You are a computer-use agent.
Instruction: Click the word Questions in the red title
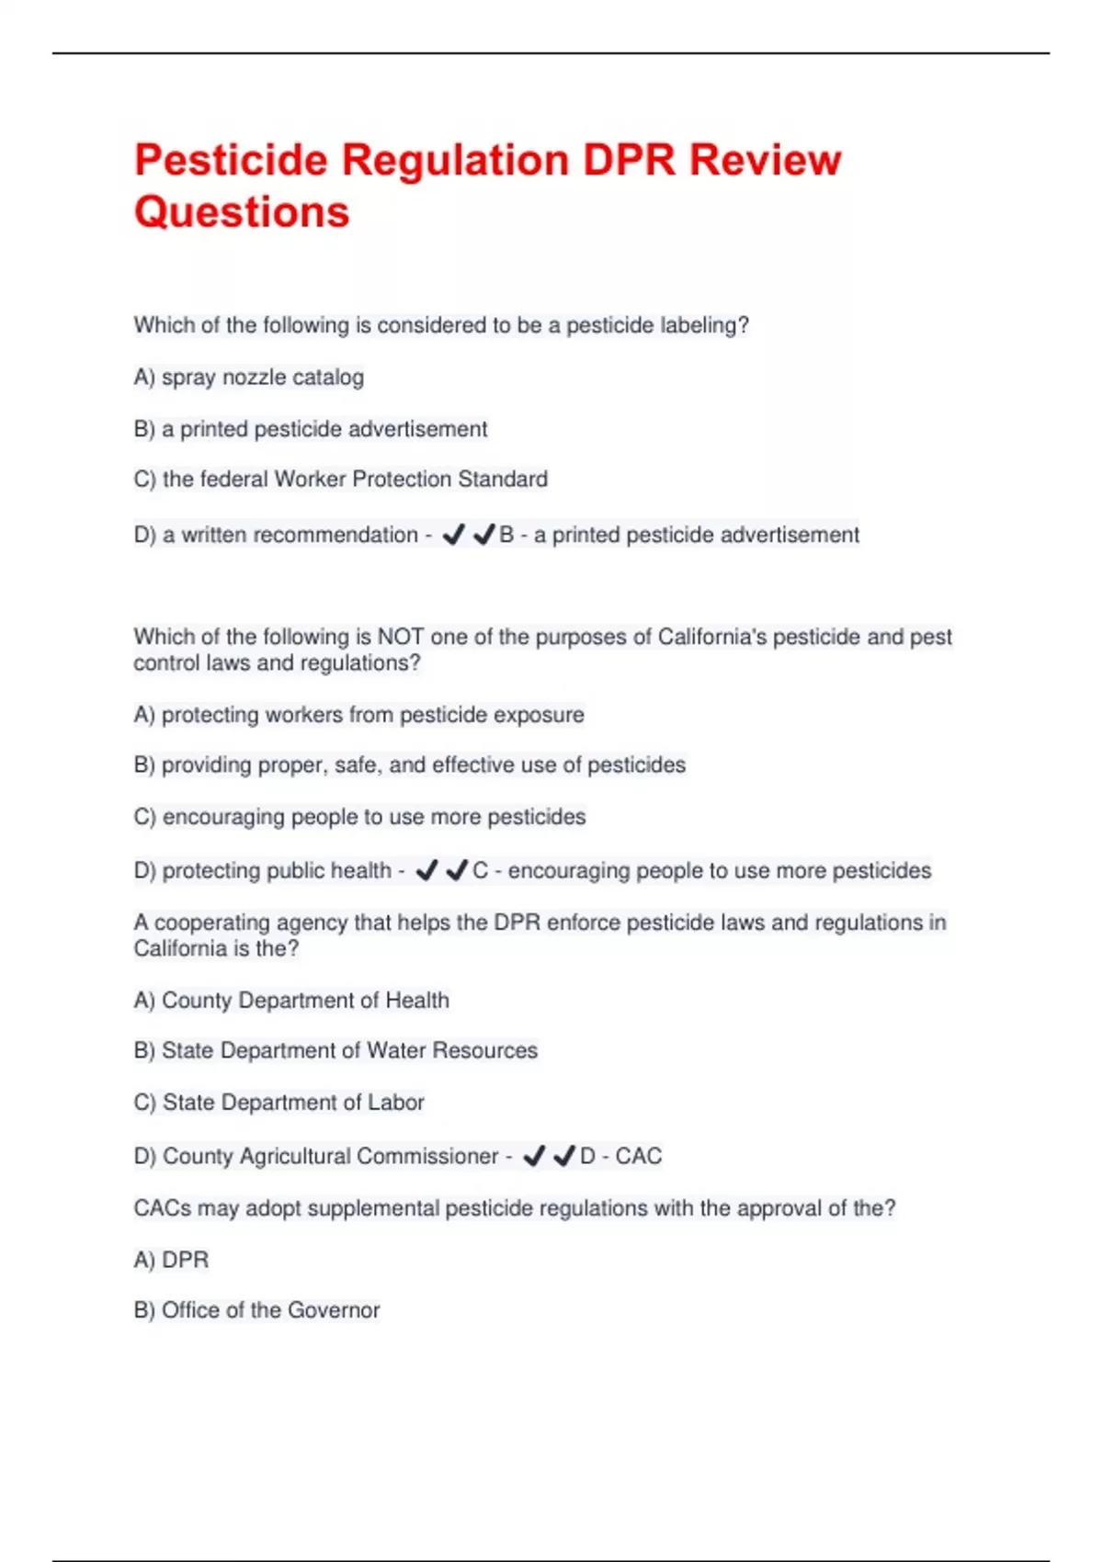tap(242, 212)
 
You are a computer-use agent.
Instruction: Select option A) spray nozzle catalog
tap(249, 378)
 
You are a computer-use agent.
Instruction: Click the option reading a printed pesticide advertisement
tap(311, 429)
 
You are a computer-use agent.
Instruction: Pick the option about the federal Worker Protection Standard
tap(341, 480)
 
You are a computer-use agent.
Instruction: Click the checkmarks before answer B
tap(469, 535)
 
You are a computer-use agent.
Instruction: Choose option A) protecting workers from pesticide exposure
tap(359, 715)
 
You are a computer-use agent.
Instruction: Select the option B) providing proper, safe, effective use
tap(410, 765)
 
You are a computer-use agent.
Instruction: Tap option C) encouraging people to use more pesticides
tap(360, 817)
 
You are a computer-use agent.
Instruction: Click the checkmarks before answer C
tap(442, 870)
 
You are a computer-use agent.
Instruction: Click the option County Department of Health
tap(292, 1001)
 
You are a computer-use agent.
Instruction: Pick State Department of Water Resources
tap(336, 1051)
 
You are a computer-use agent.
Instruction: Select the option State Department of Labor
tap(279, 1103)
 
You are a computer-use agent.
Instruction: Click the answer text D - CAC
tap(621, 1156)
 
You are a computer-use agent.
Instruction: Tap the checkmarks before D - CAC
tap(549, 1156)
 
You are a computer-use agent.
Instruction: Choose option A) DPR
tap(172, 1260)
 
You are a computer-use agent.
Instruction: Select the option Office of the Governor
tap(257, 1310)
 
